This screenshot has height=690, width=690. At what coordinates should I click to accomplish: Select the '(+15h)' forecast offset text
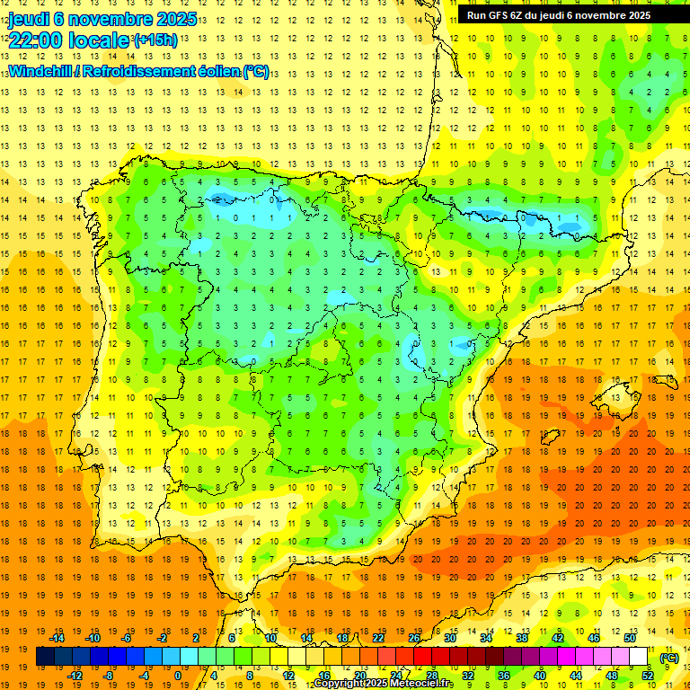point(155,40)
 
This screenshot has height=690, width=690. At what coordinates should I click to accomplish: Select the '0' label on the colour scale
point(178,675)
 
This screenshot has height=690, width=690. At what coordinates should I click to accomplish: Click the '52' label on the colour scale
point(648,675)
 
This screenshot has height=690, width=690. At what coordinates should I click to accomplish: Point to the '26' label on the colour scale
point(414,637)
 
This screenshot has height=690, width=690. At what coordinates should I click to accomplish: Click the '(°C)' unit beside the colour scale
point(669,657)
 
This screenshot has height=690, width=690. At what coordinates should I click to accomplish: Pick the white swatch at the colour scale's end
point(639,657)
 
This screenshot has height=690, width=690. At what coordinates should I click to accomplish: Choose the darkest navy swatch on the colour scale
point(45,657)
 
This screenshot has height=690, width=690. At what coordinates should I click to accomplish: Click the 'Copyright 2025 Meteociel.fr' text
point(384,684)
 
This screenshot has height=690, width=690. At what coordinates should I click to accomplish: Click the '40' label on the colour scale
point(540,675)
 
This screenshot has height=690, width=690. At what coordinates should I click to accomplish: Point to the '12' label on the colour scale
point(288,675)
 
